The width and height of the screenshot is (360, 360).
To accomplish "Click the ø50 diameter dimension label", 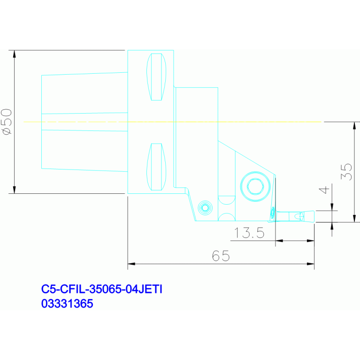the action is pyautogui.click(x=7, y=122).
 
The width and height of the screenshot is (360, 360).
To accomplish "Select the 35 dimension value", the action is pyautogui.click(x=346, y=172).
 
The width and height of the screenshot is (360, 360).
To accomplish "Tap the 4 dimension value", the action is pyautogui.click(x=324, y=190).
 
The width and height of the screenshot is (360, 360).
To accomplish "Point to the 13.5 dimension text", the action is pyautogui.click(x=249, y=233).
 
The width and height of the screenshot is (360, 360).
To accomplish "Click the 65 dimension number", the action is pyautogui.click(x=221, y=256).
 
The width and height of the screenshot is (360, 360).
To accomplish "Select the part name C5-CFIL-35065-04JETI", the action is pyautogui.click(x=102, y=289).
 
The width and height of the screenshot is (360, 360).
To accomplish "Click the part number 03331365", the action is pyautogui.click(x=67, y=304).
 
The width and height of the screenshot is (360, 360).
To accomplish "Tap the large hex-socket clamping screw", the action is pyautogui.click(x=255, y=186).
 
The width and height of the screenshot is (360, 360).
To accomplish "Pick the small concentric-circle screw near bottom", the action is pyautogui.click(x=205, y=208).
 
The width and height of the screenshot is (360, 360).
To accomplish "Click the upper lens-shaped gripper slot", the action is pyautogui.click(x=156, y=77).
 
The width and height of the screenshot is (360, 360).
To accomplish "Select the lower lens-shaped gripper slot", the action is pyautogui.click(x=156, y=167).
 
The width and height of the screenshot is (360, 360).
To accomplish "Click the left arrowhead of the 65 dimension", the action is pyautogui.click(x=131, y=264).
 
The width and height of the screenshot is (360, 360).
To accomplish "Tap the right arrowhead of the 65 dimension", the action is pyautogui.click(x=310, y=264).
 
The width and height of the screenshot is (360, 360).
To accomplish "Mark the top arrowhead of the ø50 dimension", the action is pyautogui.click(x=14, y=54).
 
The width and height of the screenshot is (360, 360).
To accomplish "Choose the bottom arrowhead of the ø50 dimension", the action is pyautogui.click(x=14, y=190).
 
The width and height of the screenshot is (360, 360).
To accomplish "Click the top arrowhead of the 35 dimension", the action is pyautogui.click(x=354, y=126).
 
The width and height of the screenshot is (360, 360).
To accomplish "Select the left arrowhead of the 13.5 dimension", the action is pyautogui.click(x=279, y=241).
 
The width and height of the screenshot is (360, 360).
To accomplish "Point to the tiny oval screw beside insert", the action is pyautogui.click(x=273, y=213).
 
